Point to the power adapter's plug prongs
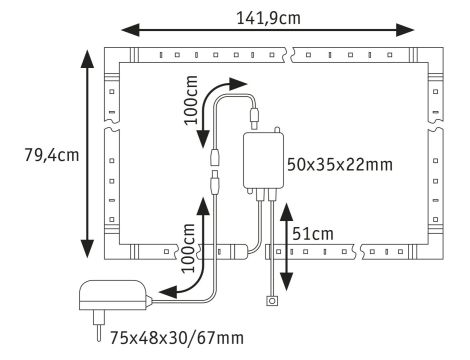pos(99,323)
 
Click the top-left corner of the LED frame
pos(112,54)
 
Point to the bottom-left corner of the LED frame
pos(112,253)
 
